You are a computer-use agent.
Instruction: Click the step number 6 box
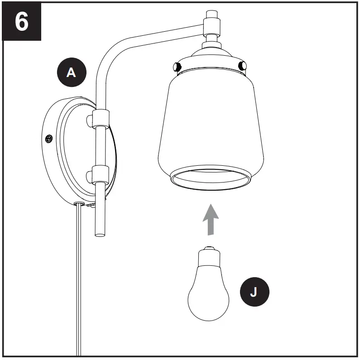pos(22,21)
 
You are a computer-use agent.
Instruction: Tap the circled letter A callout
pos(71,72)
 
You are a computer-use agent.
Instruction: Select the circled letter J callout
pos(253,292)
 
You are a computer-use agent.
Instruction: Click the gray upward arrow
pos(210,220)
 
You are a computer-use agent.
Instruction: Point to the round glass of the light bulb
pos(208,297)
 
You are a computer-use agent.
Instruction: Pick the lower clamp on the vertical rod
pos(100,174)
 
